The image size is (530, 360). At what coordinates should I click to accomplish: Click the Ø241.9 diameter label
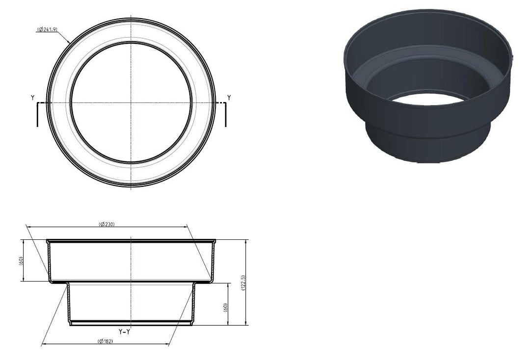47,29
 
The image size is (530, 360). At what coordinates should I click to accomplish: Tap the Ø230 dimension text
107,224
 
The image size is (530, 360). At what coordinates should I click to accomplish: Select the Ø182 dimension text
105,341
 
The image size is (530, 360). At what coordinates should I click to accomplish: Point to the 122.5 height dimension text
244,283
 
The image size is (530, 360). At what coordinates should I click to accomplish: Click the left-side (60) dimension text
21,261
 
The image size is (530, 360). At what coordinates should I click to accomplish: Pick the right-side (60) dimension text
225,308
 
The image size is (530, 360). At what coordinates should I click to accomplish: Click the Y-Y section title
124,332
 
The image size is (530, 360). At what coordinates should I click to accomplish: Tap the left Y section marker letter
32,98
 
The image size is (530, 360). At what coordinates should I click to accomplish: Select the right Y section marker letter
229,98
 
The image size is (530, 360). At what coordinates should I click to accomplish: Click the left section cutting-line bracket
37,114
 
